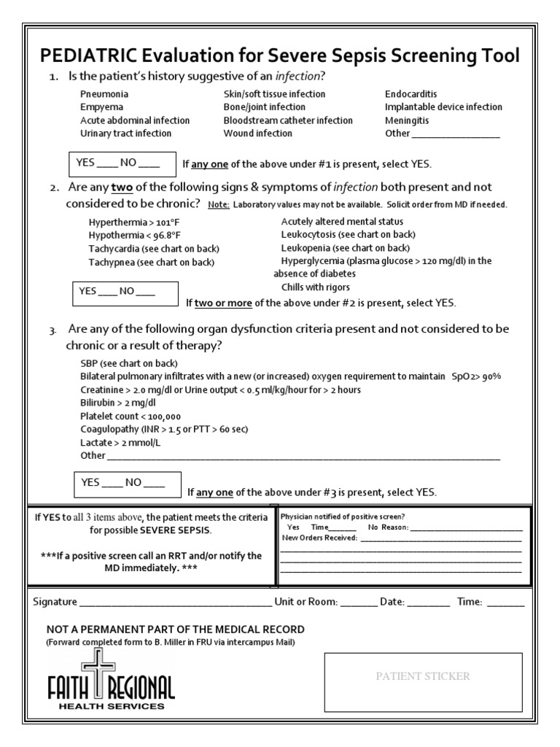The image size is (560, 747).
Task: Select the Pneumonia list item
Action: coord(104,94)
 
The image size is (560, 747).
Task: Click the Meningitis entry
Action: coord(407,120)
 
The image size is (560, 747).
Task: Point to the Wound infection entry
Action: coord(257,133)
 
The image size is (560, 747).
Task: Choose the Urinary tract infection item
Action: coord(125,133)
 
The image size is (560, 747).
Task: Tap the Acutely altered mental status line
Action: coord(342,221)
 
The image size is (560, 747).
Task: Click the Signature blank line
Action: coord(175,603)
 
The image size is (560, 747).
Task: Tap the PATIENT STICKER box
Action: coord(423,677)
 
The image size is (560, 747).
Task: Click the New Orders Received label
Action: coord(319,538)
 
